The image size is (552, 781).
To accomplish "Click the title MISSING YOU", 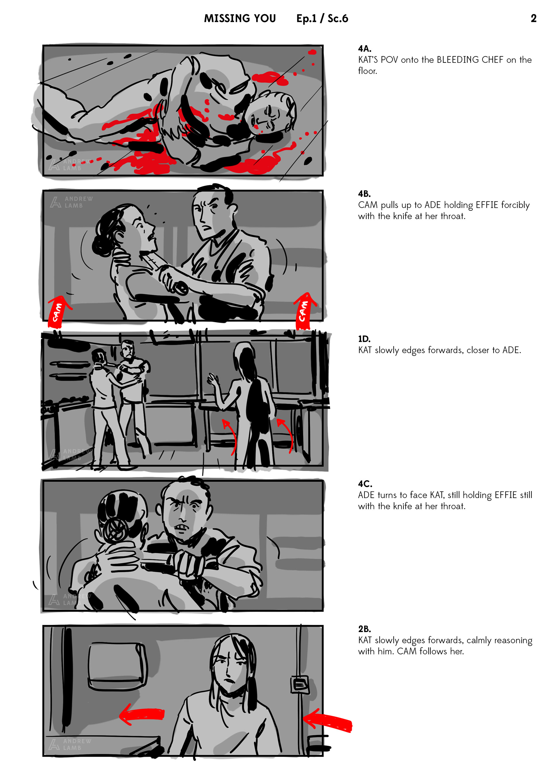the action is pos(240,18).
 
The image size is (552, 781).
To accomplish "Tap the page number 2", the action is pos(533,18).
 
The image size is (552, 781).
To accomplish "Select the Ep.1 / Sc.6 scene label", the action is pos(322,18).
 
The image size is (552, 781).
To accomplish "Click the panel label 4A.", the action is pos(365,49).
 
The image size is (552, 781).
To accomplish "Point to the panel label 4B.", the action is pos(364,194).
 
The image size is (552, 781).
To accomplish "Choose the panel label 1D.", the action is pos(364,339).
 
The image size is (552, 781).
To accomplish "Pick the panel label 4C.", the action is pos(365,484).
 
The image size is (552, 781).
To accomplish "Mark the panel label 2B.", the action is pos(364,629).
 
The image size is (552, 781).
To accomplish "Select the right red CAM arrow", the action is pos(304,310).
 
